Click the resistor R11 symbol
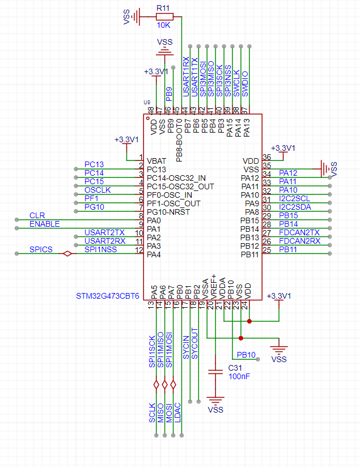pyautogui.click(x=164, y=16)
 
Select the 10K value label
pyautogui.click(x=164, y=26)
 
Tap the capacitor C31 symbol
pyautogui.click(x=215, y=372)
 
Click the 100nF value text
pyautogui.click(x=239, y=376)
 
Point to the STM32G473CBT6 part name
pyautogui.click(x=108, y=296)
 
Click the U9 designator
pyautogui.click(x=147, y=102)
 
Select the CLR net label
pyautogui.click(x=37, y=215)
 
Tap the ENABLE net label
pyautogui.click(x=44, y=224)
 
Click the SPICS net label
pyautogui.click(x=41, y=249)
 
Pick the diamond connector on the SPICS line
pyautogui.click(x=67, y=253)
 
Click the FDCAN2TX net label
pyautogui.click(x=299, y=232)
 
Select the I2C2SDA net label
pyautogui.click(x=295, y=207)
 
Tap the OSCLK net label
pyautogui.click(x=98, y=190)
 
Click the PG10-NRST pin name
pyautogui.click(x=168, y=212)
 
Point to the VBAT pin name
pyautogui.click(x=156, y=161)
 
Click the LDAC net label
pyautogui.click(x=177, y=413)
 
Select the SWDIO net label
pyautogui.click(x=245, y=84)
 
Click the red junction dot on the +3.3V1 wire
pyautogui.click(x=249, y=321)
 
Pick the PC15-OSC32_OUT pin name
pyautogui.click(x=180, y=186)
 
